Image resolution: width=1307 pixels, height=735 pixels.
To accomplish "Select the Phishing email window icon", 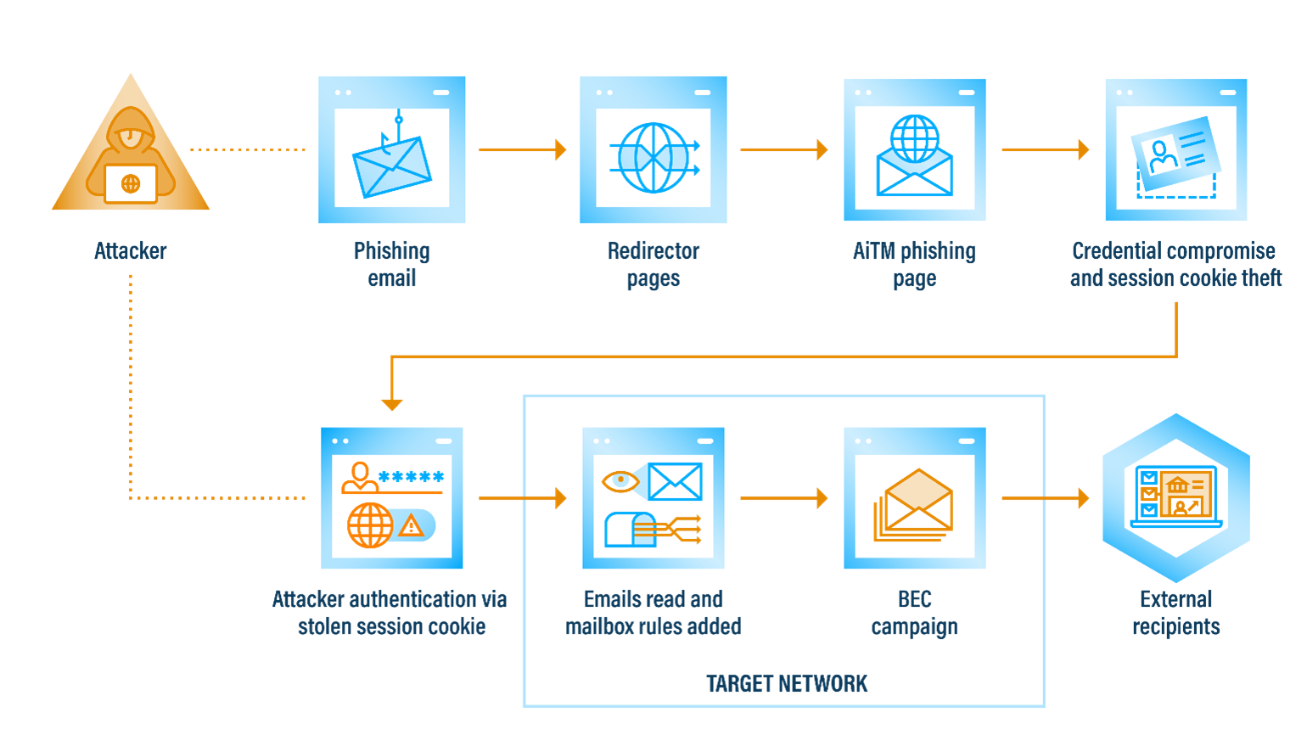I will (392, 150).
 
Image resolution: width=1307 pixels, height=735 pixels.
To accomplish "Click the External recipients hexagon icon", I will (1176, 497).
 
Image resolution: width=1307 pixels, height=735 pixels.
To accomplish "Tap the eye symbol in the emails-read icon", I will (620, 481).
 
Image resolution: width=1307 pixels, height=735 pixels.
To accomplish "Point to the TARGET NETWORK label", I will (787, 684).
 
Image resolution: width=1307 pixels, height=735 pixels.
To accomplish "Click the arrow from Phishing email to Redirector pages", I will (522, 149).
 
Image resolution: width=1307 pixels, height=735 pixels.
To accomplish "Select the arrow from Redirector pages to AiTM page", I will (783, 149).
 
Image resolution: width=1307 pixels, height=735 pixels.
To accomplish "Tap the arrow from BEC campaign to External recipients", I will (1045, 498).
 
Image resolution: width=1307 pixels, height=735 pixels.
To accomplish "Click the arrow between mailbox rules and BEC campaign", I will (783, 498).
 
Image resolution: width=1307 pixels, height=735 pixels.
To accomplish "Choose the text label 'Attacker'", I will (131, 251).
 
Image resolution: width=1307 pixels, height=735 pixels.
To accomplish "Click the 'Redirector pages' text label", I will (653, 265).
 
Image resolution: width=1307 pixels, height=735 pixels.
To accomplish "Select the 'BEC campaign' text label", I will (914, 613).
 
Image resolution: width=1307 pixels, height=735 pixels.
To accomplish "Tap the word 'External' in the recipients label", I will (1175, 599).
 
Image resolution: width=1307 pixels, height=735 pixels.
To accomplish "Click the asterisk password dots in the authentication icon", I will (412, 477).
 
